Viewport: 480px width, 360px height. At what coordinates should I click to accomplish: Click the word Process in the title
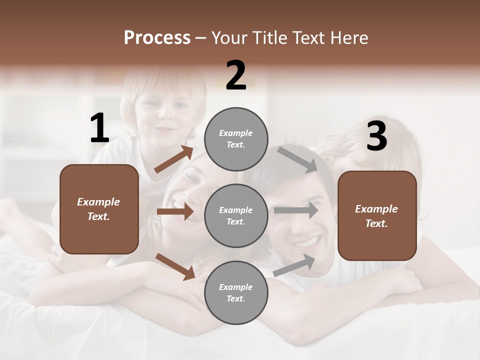pos(157,37)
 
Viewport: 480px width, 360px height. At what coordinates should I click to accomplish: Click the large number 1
pos(99,128)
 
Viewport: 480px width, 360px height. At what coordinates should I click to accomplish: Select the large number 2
pos(236,75)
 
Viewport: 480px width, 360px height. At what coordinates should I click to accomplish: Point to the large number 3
pos(376,136)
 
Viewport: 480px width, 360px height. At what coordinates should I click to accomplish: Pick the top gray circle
pos(236,138)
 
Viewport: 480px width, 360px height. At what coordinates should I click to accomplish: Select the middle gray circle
pos(236,215)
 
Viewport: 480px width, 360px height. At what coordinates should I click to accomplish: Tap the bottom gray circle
pos(236,292)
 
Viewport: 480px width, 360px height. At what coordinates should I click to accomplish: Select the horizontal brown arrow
pos(175,211)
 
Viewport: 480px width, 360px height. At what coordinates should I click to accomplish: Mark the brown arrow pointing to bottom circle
pos(175,266)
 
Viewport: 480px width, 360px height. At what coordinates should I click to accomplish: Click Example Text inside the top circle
pos(236,138)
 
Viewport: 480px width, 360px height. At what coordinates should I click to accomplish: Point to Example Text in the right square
pos(376,216)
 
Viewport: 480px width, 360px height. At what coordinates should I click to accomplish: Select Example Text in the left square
pos(98,209)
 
